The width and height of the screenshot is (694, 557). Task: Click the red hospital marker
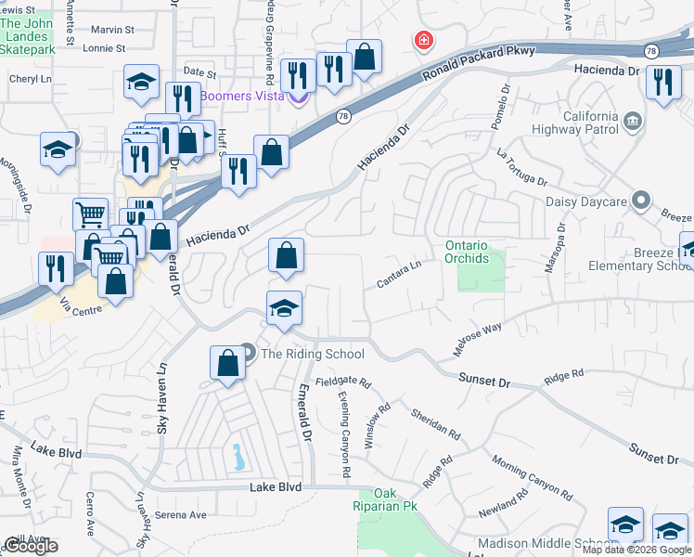click(423, 41)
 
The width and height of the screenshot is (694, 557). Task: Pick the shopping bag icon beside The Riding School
click(227, 363)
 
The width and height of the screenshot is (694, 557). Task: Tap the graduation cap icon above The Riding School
click(284, 308)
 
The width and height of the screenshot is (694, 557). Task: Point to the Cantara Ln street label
click(399, 273)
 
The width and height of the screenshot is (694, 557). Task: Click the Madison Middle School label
click(542, 543)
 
